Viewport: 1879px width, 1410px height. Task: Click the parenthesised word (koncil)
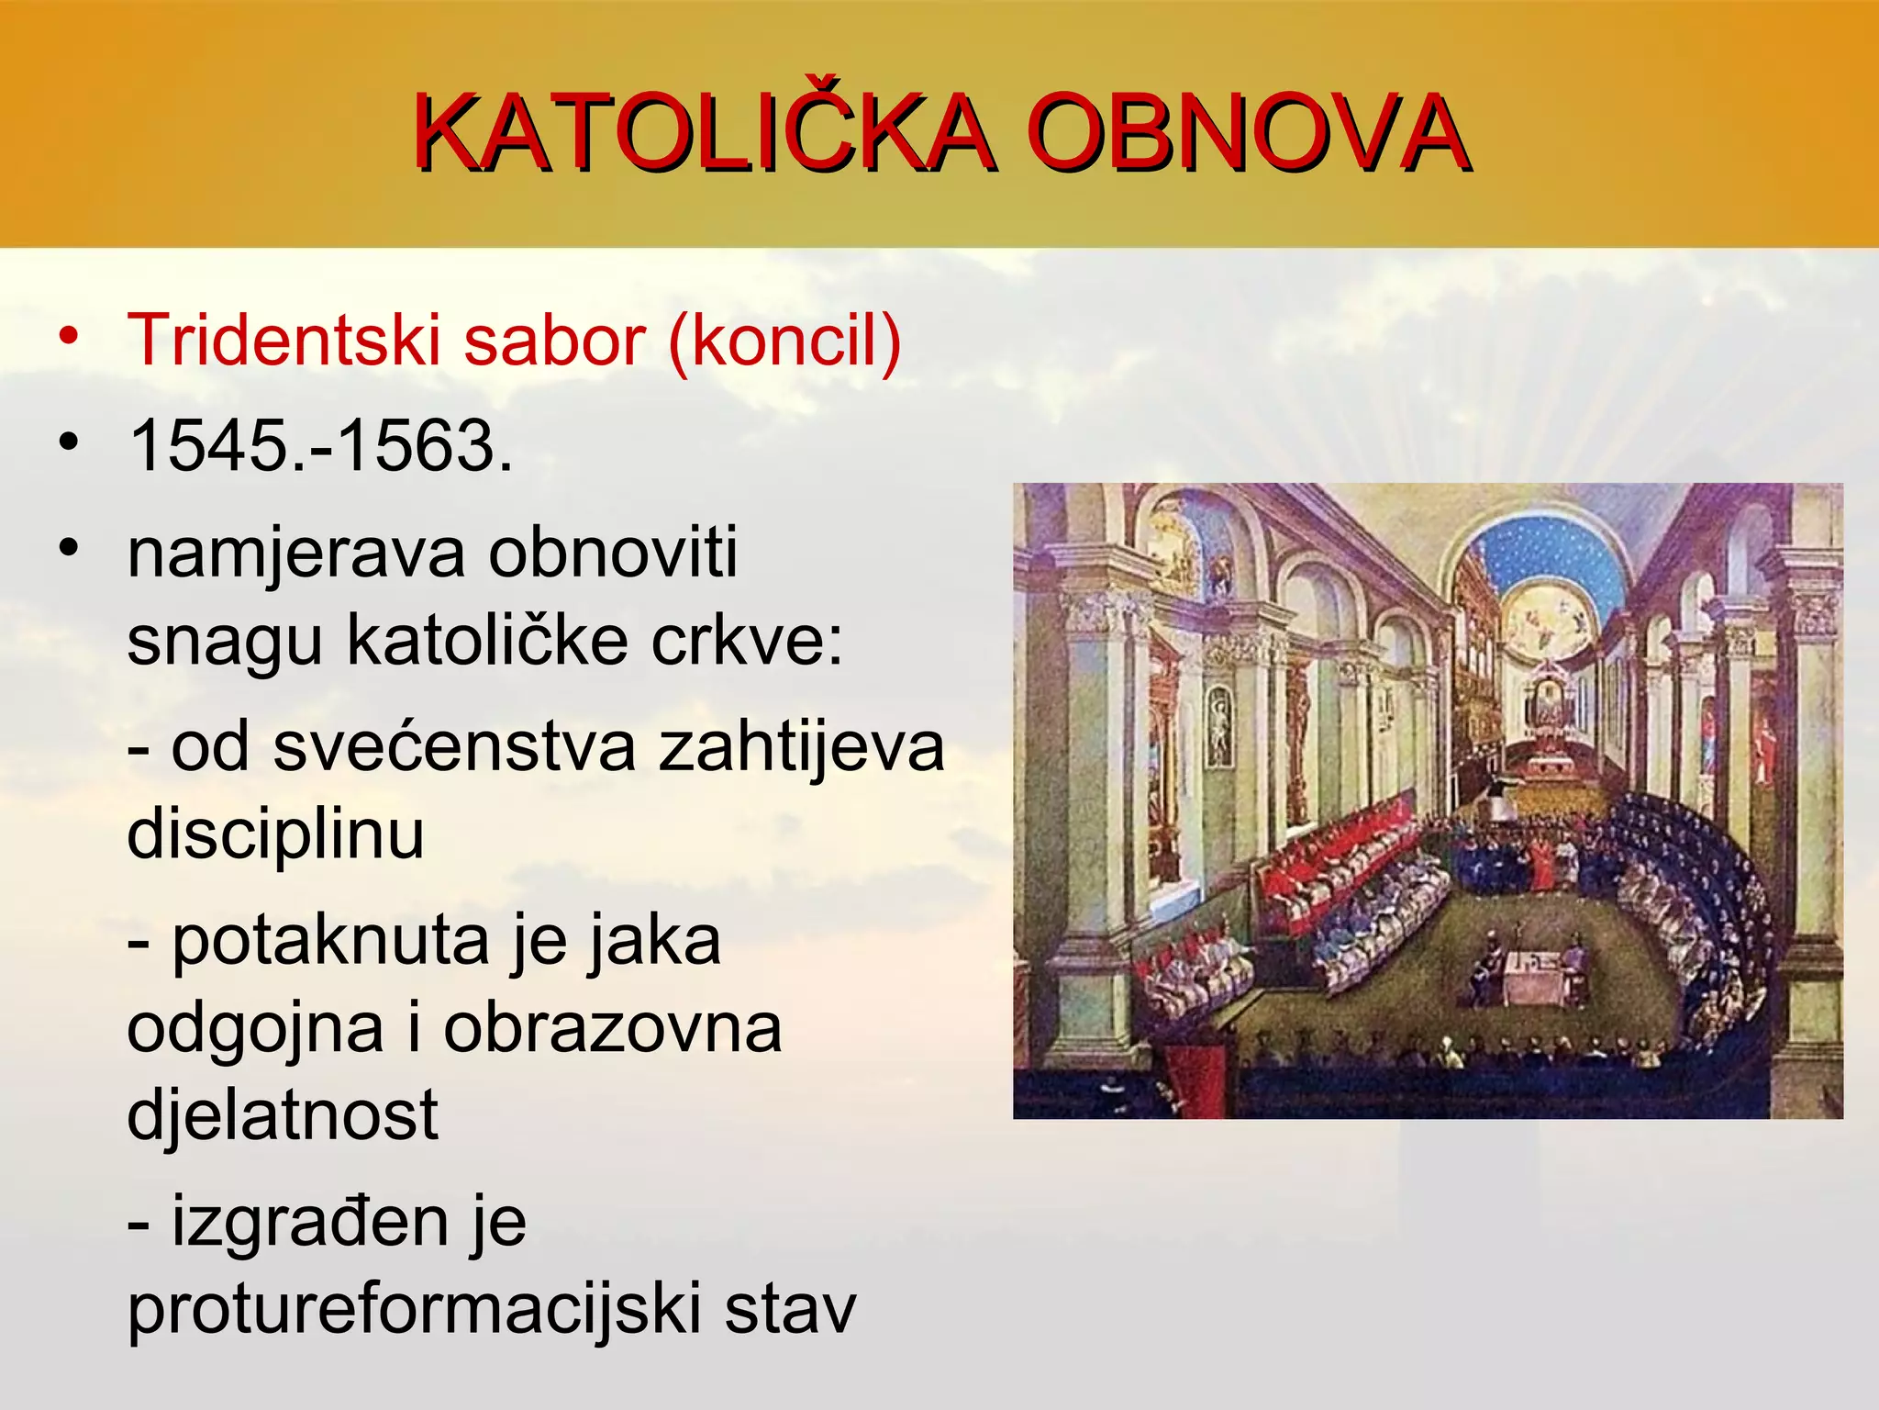(x=784, y=341)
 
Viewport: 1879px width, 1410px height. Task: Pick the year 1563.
(x=425, y=446)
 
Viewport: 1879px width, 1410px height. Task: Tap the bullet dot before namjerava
(x=68, y=548)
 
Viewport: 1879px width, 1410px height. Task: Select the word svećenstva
(x=454, y=746)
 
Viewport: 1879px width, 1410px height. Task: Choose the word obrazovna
(x=612, y=1028)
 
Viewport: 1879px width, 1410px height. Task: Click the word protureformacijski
(x=414, y=1310)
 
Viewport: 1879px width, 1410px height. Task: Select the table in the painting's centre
(x=1530, y=976)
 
